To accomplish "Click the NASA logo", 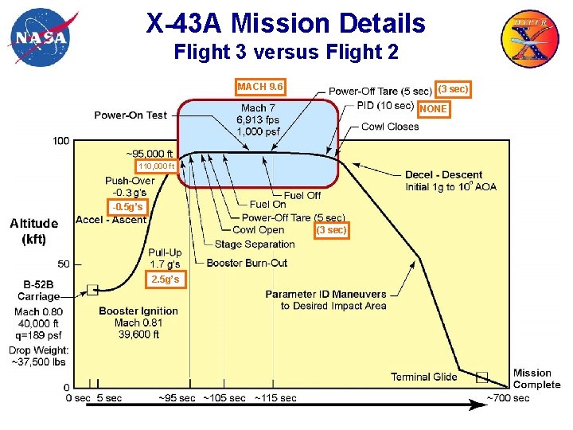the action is coord(37,37).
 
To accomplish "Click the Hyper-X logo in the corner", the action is coord(529,37).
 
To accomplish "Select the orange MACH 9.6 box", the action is coord(260,86).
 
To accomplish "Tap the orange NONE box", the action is coord(433,108).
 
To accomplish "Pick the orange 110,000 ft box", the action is coord(156,166).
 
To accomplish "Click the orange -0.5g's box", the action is coord(127,207).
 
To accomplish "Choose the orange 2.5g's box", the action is coord(165,279).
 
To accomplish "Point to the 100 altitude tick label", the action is coord(61,141).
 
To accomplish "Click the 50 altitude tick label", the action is coord(63,264).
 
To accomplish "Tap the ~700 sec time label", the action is coord(508,397).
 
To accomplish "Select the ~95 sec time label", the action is coord(177,397).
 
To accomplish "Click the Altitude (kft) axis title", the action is coord(33,231).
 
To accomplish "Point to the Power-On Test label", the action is coord(131,115).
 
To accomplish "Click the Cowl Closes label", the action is coord(389,127).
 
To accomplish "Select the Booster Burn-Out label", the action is coord(247,264).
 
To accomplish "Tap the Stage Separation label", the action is coord(255,244).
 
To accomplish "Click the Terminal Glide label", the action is coord(423,377).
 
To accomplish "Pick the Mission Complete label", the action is coord(536,378).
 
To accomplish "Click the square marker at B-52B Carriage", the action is coord(92,290).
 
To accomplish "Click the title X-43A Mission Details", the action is coord(286,23).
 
